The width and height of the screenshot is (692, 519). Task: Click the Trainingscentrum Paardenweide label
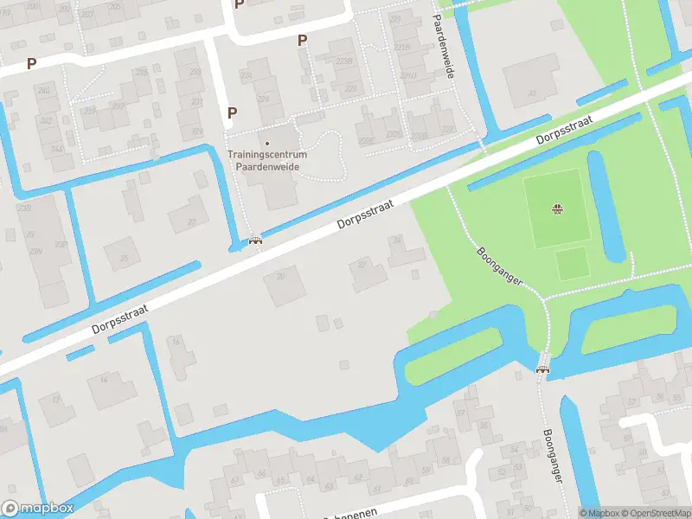(266, 160)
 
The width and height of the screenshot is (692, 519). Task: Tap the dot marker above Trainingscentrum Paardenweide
(266, 144)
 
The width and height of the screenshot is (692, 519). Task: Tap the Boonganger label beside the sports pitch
(498, 268)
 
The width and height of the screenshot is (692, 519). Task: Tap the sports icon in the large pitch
(557, 208)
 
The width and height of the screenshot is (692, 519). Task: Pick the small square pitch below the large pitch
(572, 263)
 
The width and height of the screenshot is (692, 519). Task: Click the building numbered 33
(531, 81)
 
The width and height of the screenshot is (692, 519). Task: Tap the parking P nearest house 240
(31, 63)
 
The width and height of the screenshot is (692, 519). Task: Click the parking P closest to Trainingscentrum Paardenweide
(232, 112)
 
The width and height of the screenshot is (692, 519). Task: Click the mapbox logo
(37, 509)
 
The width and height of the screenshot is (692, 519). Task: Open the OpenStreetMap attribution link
(652, 512)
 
